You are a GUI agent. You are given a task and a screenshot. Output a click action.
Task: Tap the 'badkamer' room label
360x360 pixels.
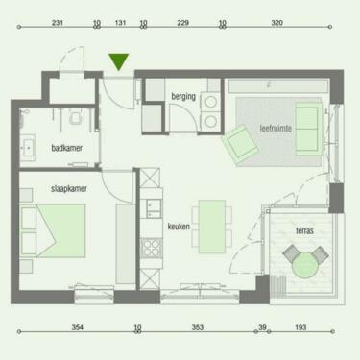66,148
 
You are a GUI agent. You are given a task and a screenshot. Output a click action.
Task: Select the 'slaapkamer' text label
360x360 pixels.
69,189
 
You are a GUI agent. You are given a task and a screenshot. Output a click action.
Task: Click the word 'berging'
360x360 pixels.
183,96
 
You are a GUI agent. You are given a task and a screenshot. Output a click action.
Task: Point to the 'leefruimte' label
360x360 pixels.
276,129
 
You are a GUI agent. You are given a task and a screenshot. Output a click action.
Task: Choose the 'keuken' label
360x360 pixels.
179,227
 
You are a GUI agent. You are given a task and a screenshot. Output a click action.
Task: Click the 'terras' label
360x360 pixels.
304,230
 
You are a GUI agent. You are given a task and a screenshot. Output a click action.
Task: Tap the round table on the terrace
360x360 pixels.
305,265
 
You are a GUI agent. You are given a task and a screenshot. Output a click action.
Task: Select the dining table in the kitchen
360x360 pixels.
212,227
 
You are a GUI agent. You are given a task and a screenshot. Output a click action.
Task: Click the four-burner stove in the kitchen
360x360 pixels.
152,248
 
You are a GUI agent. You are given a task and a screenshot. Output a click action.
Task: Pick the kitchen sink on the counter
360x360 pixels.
154,208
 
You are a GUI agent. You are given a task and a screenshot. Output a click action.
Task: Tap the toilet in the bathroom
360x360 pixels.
76,118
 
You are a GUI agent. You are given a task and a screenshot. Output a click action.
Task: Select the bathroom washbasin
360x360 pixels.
29,147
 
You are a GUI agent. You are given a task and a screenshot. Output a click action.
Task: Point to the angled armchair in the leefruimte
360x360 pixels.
240,143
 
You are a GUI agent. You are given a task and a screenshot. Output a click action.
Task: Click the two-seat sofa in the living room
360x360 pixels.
308,129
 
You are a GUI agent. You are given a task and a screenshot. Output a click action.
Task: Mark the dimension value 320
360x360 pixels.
276,23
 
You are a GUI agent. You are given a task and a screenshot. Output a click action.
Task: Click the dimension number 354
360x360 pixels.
78,327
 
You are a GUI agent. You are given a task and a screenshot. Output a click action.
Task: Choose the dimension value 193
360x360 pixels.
300,327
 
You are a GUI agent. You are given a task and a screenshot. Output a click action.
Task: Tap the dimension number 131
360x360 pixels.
120,23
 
